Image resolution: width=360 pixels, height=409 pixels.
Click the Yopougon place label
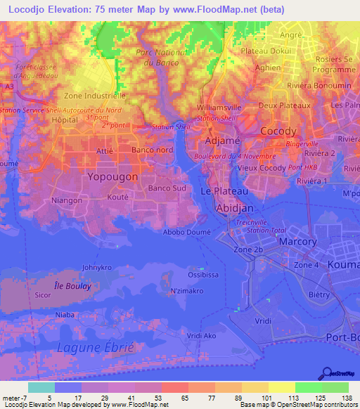click(x=112, y=177)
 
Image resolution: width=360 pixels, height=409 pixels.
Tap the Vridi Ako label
click(x=182, y=337)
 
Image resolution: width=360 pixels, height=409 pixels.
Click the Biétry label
click(x=319, y=294)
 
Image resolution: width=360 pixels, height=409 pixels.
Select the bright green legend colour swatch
click(x=309, y=387)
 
